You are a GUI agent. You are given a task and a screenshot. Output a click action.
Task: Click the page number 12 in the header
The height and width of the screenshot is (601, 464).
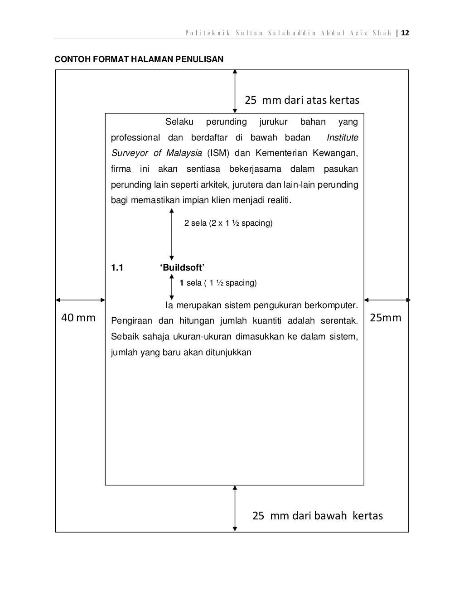point(405,33)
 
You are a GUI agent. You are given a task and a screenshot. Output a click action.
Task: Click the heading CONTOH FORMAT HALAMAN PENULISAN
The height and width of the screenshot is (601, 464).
point(139,59)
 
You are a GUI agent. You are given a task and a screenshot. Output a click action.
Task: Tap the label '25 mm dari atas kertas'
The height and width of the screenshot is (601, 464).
point(302,100)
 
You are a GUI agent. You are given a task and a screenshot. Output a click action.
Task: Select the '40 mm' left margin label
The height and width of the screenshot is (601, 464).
point(78,318)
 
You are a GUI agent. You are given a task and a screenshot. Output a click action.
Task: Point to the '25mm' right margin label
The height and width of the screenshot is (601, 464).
point(386,318)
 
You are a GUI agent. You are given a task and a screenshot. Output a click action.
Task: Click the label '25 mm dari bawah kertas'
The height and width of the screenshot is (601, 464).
point(317,516)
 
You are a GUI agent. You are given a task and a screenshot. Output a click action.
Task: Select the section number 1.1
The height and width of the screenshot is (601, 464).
point(117,267)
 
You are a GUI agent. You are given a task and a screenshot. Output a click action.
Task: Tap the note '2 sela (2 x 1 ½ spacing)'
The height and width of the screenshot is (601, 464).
point(228,223)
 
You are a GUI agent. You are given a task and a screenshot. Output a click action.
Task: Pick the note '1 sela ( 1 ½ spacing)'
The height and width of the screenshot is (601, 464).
point(218,283)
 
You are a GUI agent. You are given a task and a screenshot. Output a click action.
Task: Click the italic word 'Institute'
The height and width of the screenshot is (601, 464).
point(342,137)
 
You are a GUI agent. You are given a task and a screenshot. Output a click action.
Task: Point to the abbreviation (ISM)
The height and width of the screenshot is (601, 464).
point(218,153)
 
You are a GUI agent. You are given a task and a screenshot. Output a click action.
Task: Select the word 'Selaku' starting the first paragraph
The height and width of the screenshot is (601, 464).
point(179,122)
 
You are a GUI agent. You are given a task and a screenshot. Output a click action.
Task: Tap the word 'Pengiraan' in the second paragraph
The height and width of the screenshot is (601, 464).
point(131,321)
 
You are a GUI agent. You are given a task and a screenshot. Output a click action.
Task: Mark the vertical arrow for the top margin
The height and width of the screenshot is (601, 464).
point(235,91)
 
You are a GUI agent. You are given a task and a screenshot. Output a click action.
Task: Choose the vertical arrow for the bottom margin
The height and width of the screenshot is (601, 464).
point(235,508)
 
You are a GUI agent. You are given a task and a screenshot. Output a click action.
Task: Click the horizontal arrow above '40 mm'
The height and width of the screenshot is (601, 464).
point(80,300)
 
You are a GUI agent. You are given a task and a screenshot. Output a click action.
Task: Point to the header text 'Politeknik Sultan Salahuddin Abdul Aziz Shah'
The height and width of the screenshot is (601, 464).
point(288,33)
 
